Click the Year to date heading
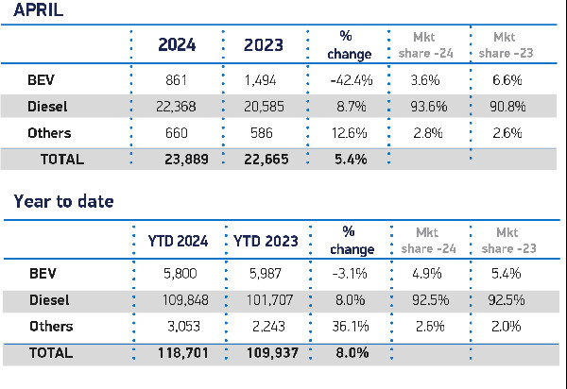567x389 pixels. [62, 201]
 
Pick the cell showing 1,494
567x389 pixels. [268, 80]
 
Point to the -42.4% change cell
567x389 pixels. [352, 80]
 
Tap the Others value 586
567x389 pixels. [268, 133]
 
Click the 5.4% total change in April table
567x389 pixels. [352, 160]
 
